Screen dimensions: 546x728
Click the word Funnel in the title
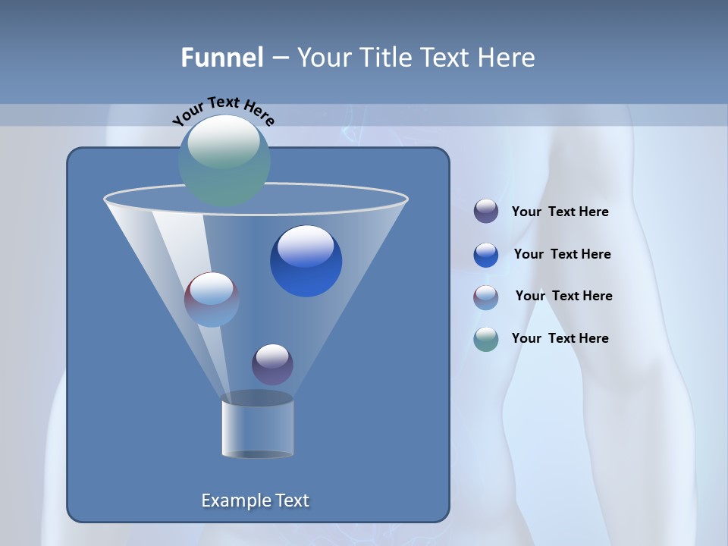tap(222, 57)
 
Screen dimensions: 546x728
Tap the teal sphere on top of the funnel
tap(224, 160)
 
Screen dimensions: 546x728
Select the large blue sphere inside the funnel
tap(306, 261)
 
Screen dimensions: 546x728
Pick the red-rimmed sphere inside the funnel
tap(212, 300)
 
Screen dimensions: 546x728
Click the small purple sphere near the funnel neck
tap(272, 365)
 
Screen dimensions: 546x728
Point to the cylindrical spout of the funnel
tap(258, 426)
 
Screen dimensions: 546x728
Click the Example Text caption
tap(256, 500)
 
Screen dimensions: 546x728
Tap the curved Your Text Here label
tap(223, 110)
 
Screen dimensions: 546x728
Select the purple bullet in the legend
tap(486, 211)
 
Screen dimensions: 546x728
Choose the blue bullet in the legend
tap(486, 255)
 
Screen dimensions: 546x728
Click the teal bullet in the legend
tap(486, 339)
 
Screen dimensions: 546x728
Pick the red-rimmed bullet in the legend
tap(486, 297)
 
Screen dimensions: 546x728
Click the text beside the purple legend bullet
tap(560, 212)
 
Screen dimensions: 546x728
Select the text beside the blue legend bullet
tap(562, 254)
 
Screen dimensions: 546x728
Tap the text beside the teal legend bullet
tap(560, 338)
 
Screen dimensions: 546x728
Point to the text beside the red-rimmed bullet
tap(563, 296)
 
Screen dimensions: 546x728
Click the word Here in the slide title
tap(507, 57)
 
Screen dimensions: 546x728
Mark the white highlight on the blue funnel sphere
tap(306, 246)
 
